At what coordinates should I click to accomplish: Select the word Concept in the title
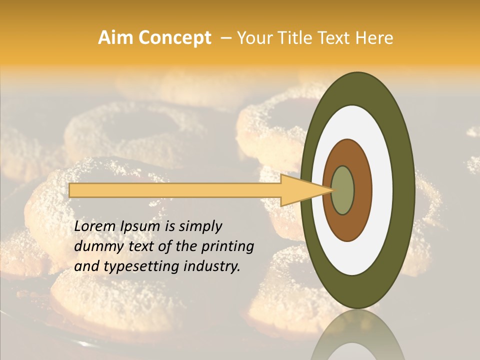pos(175,38)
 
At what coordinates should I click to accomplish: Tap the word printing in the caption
pos(228,246)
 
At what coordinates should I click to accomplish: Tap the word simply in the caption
pos(200,226)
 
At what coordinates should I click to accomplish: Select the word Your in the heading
pos(252,38)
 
